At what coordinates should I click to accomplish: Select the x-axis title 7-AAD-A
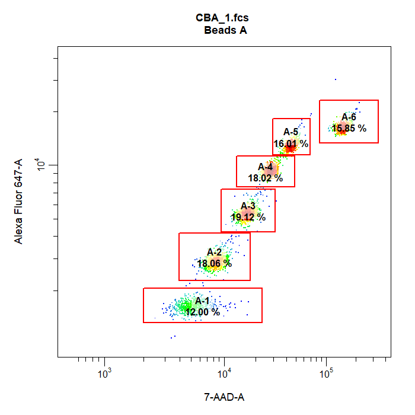pos(224,397)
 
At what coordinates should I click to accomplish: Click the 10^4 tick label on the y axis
pos(42,165)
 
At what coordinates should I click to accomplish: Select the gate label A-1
pos(202,301)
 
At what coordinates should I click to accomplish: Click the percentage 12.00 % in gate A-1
pos(202,312)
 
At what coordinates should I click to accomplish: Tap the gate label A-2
pos(214,252)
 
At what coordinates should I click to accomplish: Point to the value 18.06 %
pos(214,263)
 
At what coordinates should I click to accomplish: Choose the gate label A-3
pos(248,206)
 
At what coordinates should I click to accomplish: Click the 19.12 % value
pos(248,217)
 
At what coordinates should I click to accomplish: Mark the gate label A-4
pos(265,167)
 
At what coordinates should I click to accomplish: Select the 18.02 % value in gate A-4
pos(265,178)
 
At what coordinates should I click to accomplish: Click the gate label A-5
pos(290,132)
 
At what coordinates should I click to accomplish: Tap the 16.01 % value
pos(290,143)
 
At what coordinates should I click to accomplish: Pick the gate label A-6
pos(349,117)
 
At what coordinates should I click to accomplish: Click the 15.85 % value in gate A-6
pos(349,127)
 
